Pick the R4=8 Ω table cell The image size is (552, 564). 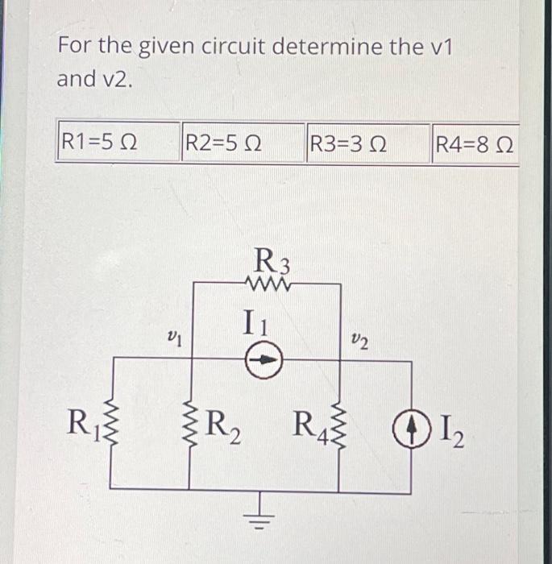click(x=474, y=146)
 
